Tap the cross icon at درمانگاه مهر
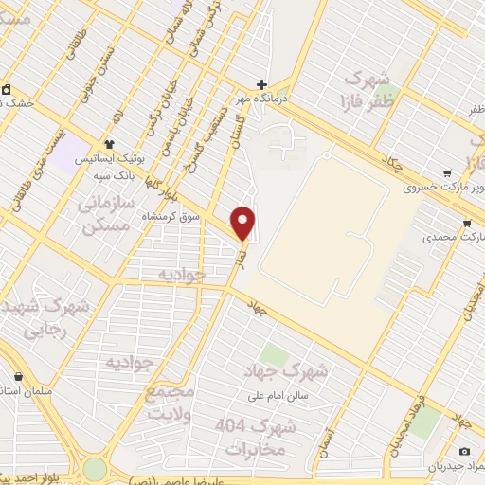tap(263, 83)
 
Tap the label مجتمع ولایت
tap(171, 402)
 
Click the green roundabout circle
tap(95, 469)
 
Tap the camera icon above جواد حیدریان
tap(464, 452)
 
